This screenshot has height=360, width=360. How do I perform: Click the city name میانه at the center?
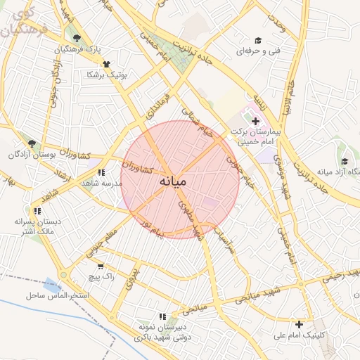click(173, 181)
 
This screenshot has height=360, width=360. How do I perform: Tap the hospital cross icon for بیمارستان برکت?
click(255, 122)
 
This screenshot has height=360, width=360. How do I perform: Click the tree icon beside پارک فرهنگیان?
click(77, 38)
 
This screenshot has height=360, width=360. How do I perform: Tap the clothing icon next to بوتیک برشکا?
click(106, 63)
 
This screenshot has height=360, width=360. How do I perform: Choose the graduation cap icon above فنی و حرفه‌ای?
click(258, 40)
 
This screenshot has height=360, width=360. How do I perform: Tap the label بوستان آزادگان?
click(32, 154)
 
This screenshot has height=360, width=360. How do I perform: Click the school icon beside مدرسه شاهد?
click(102, 172)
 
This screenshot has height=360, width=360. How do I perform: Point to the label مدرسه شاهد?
click(102, 183)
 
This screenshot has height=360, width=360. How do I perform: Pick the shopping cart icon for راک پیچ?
click(101, 266)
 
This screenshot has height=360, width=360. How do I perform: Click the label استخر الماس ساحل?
click(58, 295)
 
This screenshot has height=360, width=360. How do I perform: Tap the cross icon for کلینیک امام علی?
click(300, 324)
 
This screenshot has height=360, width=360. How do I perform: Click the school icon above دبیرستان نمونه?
click(163, 316)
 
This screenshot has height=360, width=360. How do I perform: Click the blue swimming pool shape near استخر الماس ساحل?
click(51, 285)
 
